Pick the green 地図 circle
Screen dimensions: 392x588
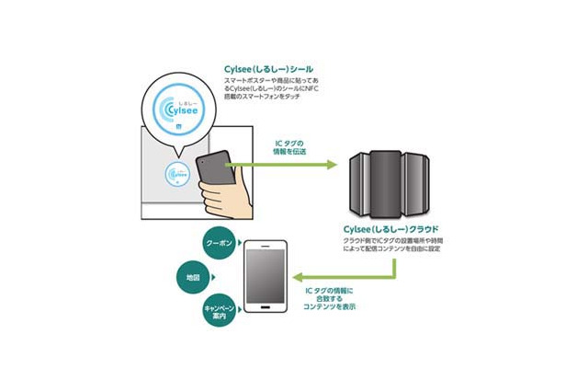pyautogui.click(x=193, y=275)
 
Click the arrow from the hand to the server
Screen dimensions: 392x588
pyautogui.click(x=285, y=167)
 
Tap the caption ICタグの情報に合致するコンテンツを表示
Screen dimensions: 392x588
pyautogui.click(x=334, y=300)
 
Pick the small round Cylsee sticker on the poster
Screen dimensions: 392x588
pyautogui.click(x=176, y=175)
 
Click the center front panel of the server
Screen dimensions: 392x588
pyautogui.click(x=386, y=181)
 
